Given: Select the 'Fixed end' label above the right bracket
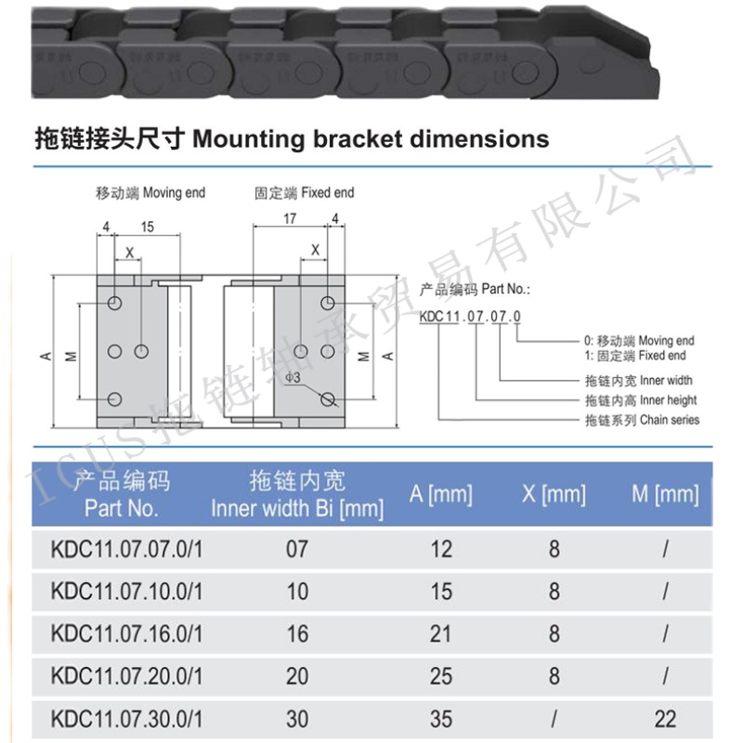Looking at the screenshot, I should coord(328,193).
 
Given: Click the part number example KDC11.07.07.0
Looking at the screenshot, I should coord(469,317).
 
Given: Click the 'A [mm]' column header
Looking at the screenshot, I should coord(441,493).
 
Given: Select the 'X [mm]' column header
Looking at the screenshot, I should coord(554,493).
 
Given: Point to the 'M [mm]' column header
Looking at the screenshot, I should coord(665,493).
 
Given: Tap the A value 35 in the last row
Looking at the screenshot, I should coord(441,718).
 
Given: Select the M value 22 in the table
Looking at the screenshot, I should coord(665,718).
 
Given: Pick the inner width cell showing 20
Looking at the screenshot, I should coord(297,675).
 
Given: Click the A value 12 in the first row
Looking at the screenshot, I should coord(441,549).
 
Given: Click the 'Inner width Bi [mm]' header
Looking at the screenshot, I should coord(297,508).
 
